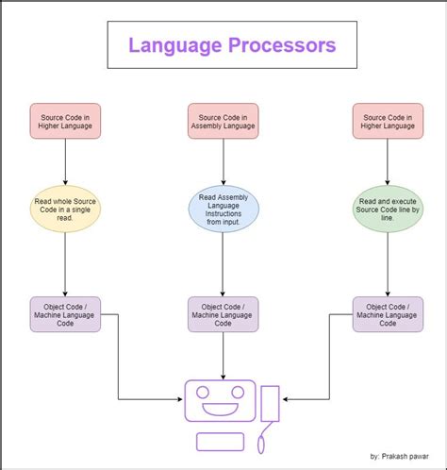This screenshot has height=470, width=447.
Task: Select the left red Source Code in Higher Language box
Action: (64, 121)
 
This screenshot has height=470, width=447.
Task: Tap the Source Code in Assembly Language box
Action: (223, 121)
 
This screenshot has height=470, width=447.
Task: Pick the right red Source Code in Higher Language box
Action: (388, 121)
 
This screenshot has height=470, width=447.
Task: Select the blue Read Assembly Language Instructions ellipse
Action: (223, 210)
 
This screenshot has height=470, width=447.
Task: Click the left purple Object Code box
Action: (64, 314)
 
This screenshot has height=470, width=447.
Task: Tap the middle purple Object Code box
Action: (223, 314)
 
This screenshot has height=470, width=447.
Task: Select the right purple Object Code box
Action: (388, 314)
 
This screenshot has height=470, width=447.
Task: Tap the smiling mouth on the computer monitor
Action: (219, 410)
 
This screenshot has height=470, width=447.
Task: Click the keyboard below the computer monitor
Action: (221, 441)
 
